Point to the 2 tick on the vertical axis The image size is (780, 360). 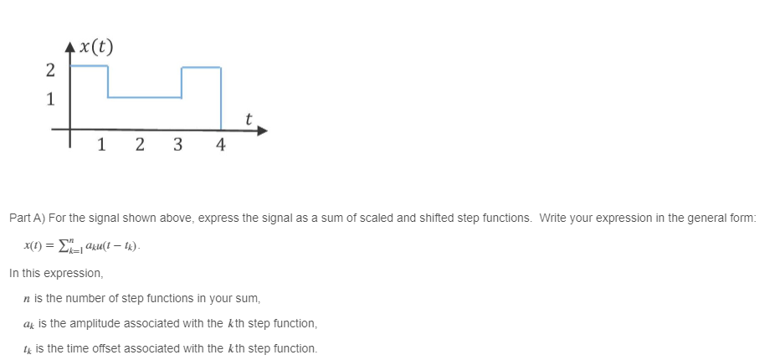tap(51, 69)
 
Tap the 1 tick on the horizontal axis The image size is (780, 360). tap(101, 145)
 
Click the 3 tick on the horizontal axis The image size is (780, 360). tap(177, 145)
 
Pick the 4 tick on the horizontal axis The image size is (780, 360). tap(220, 145)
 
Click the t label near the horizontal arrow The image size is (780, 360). tap(249, 119)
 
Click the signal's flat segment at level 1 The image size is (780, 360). tap(145, 98)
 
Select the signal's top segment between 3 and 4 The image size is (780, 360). tap(202, 67)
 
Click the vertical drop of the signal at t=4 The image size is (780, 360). tap(221, 99)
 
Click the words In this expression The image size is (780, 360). tap(56, 273)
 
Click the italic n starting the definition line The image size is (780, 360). tap(28, 298)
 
